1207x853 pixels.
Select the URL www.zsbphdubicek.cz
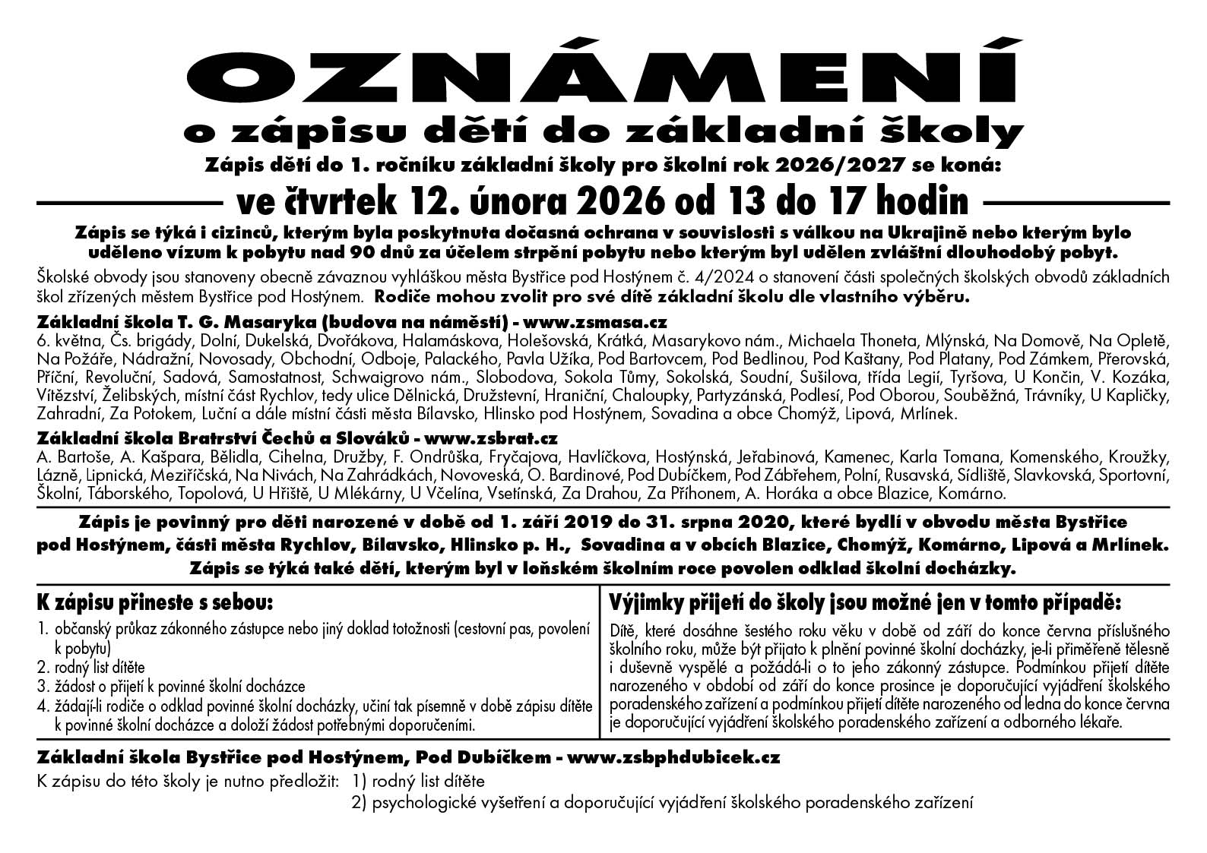pyautogui.click(x=673, y=757)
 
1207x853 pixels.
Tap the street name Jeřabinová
pyautogui.click(x=772, y=457)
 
